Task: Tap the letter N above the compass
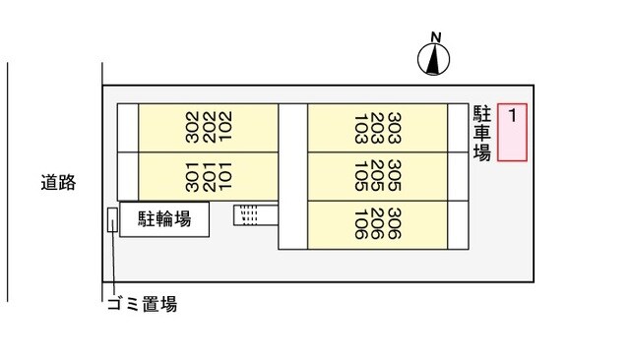434,38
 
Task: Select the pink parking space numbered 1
512,132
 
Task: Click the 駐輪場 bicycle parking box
164,219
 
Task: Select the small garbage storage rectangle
112,219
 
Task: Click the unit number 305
396,176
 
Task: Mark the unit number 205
378,176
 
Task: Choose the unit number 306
396,225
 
